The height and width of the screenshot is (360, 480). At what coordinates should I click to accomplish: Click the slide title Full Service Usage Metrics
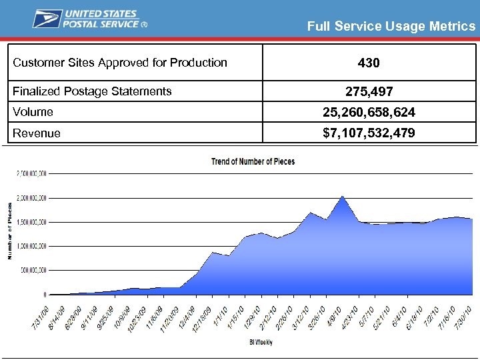tap(391, 27)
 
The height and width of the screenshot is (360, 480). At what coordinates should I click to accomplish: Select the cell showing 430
tap(369, 63)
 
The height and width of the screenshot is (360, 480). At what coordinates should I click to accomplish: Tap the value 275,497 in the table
tap(369, 91)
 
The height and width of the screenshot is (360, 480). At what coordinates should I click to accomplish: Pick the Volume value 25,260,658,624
tap(369, 112)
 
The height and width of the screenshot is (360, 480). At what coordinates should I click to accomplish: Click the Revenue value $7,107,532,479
tap(369, 133)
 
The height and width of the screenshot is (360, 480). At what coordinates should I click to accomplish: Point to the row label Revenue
tap(37, 133)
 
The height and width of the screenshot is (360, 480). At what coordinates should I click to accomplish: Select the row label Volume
tap(33, 112)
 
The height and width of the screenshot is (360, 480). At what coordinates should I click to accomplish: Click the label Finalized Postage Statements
tap(93, 91)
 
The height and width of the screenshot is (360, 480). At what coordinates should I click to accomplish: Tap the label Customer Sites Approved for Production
tap(121, 63)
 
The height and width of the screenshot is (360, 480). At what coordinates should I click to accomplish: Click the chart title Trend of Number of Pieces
tap(253, 161)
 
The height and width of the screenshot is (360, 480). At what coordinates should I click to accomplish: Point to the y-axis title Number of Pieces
tap(9, 231)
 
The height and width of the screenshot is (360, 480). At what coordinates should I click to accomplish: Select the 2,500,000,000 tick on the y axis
tap(31, 174)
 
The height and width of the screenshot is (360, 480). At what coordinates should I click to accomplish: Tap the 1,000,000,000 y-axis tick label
tap(31, 246)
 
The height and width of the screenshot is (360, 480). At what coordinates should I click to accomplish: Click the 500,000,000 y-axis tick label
tap(33, 270)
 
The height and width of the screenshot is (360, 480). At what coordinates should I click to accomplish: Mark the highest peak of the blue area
tap(342, 197)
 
